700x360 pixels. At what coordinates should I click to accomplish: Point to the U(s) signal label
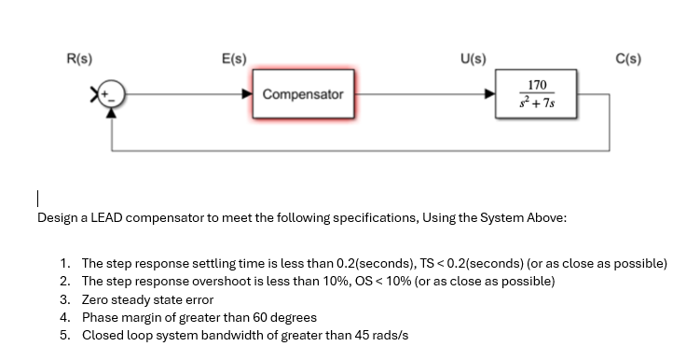[x=473, y=59]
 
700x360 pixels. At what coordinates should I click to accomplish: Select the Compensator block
[x=303, y=94]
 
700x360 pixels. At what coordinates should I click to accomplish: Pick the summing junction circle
[x=112, y=94]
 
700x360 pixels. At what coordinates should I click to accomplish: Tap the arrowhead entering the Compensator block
[x=246, y=94]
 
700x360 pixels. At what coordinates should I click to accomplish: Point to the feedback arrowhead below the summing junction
[x=112, y=110]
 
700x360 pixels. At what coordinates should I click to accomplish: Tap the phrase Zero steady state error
[x=147, y=299]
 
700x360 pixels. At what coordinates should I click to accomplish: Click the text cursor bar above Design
[x=37, y=199]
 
